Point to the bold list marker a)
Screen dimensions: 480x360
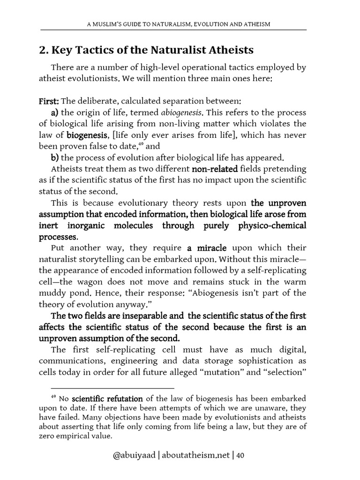[x=55, y=113]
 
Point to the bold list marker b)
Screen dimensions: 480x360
[x=55, y=157]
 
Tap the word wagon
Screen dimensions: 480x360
[x=136, y=281]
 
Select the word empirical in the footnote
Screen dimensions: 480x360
[x=69, y=436]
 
